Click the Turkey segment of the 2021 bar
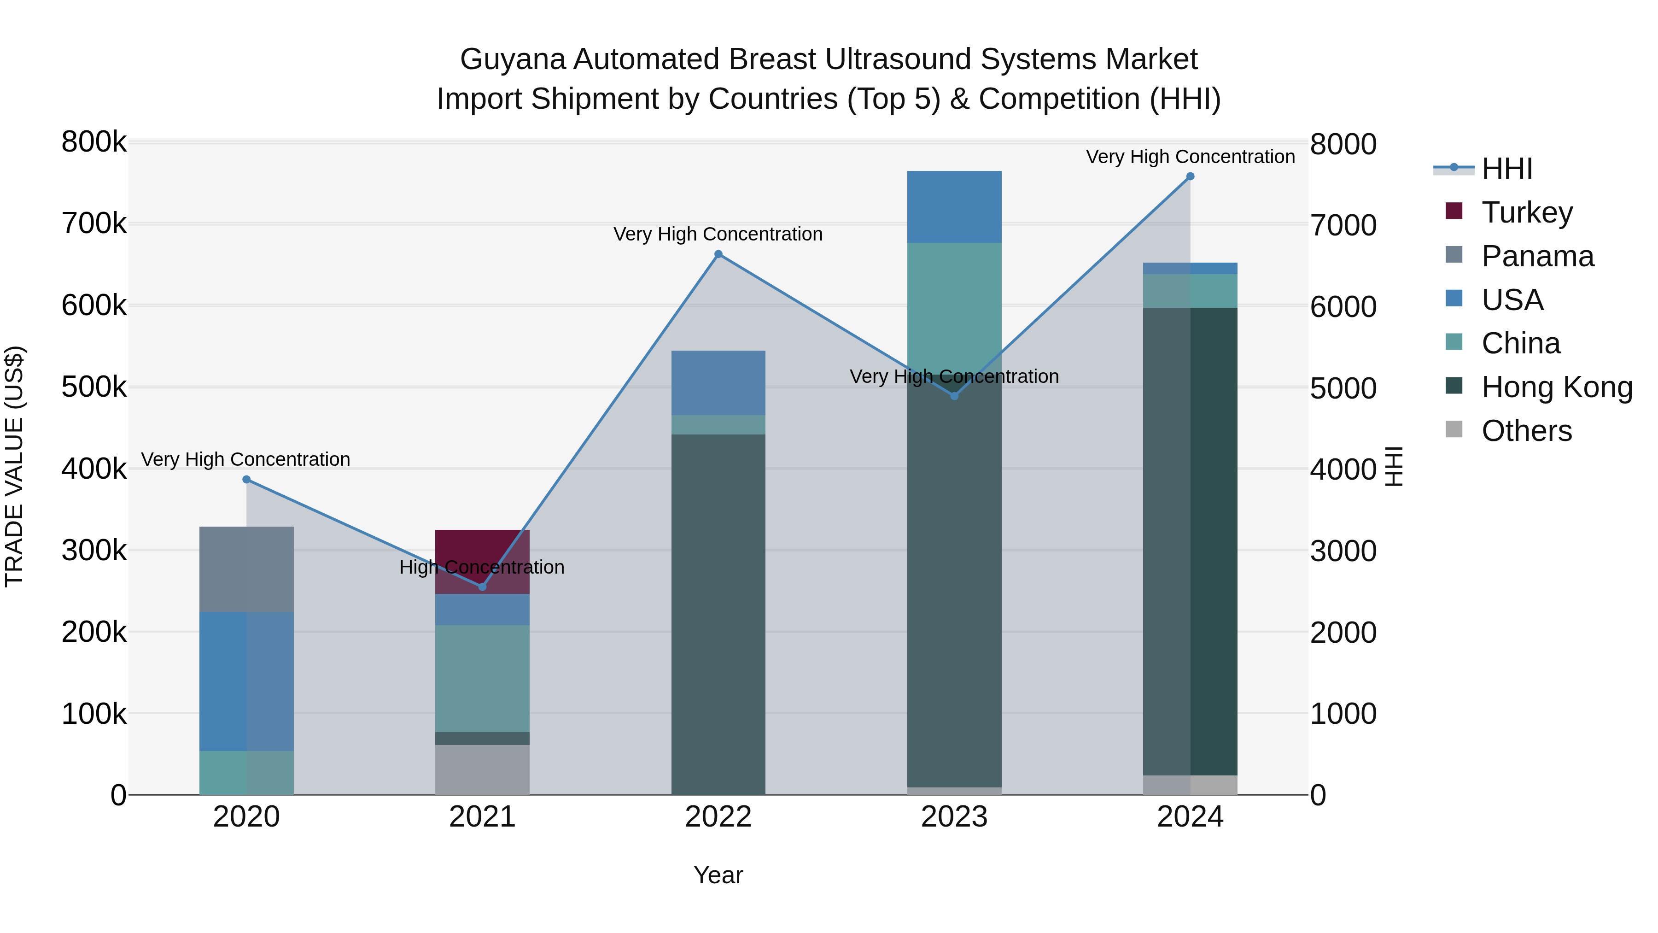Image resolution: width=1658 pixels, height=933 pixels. coord(482,554)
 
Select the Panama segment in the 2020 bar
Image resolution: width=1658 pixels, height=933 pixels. coord(246,569)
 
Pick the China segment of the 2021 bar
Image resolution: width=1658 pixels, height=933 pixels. coord(482,678)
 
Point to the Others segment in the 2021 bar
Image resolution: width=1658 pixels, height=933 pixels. coord(482,769)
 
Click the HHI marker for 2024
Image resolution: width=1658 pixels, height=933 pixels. coord(1190,176)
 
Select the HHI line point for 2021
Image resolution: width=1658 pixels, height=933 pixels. coord(482,587)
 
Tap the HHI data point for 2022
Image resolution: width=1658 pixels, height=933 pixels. coord(718,254)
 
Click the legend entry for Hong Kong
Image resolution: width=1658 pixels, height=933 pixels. coord(1556,387)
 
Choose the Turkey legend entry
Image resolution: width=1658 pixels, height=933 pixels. coord(1527,212)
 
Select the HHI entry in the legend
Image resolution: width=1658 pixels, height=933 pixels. coord(1506,169)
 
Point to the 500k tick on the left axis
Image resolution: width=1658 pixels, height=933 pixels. coord(94,387)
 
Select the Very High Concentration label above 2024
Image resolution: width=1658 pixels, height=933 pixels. coord(1190,157)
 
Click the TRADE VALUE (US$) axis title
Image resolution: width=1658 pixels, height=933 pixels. coord(14,466)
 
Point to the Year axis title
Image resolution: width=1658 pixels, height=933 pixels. coord(718,875)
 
